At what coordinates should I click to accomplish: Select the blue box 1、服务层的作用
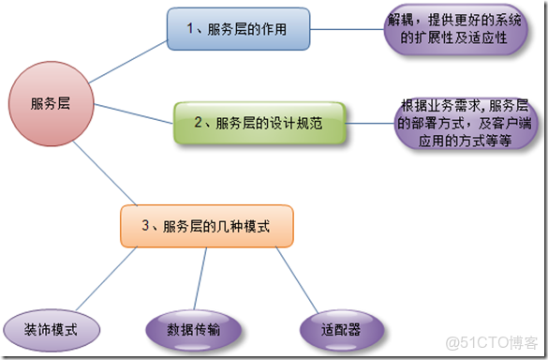pos(239,28)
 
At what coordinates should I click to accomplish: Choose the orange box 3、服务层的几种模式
pos(207,226)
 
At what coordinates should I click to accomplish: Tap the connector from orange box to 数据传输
pos(201,278)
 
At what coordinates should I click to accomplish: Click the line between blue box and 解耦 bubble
pos(348,29)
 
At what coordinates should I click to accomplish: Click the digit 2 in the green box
pos(199,123)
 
